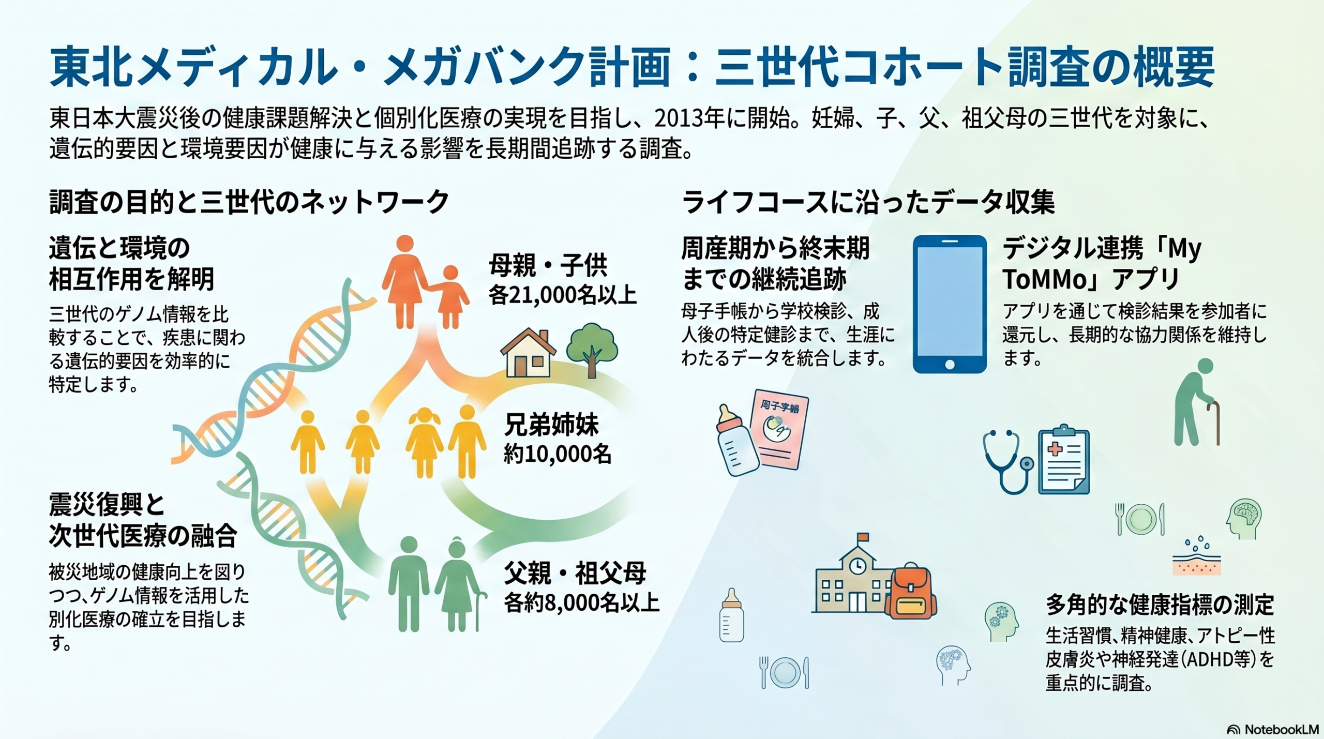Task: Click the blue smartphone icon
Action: point(950,304)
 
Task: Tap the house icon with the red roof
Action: point(528,353)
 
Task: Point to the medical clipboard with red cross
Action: point(1064,459)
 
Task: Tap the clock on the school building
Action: point(857,565)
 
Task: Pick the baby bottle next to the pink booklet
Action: point(736,440)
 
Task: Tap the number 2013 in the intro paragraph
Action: point(678,118)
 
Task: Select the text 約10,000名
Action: point(558,454)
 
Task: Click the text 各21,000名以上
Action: point(563,295)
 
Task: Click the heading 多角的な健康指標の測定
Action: point(1160,605)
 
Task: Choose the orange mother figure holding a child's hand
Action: point(405,282)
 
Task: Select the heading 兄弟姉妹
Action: point(552,425)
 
